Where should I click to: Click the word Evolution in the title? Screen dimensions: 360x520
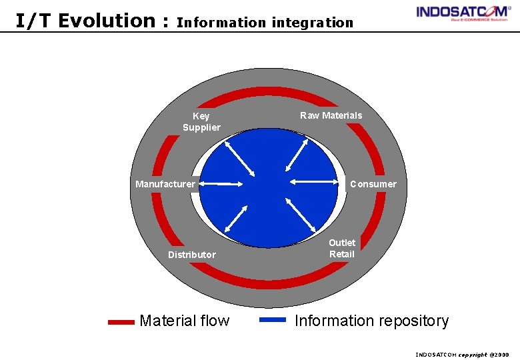click(x=109, y=21)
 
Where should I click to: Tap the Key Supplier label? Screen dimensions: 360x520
click(x=201, y=122)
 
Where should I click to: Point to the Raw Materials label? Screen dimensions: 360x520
click(x=331, y=115)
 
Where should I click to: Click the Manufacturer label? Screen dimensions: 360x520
click(x=165, y=184)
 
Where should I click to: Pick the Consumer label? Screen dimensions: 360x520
click(x=373, y=184)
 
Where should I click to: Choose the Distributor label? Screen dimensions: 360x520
click(x=192, y=255)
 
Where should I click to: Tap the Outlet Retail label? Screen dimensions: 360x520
click(x=342, y=248)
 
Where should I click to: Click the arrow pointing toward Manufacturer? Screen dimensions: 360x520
click(x=221, y=183)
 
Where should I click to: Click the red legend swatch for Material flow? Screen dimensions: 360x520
click(x=121, y=321)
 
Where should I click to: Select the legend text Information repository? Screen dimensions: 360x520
click(x=371, y=321)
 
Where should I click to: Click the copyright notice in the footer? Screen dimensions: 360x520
click(x=461, y=355)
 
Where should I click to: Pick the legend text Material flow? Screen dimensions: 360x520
click(x=184, y=321)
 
